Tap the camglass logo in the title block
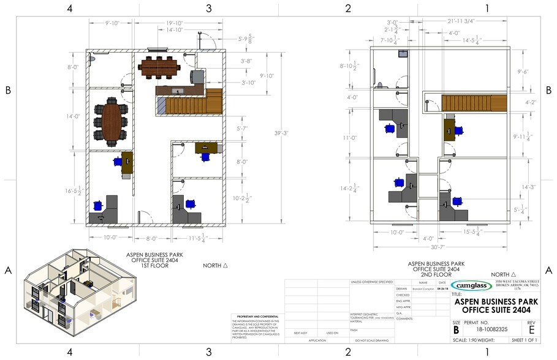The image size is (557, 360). (471, 285)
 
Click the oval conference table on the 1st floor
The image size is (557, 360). (111, 121)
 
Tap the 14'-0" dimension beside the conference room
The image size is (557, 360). (74, 116)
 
